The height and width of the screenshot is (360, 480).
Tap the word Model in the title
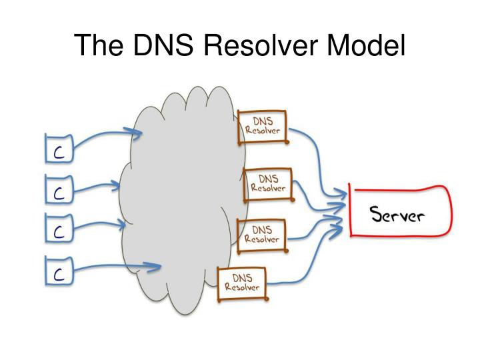(369, 45)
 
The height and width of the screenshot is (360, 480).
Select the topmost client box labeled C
(58, 149)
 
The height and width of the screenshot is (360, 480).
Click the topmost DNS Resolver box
(262, 125)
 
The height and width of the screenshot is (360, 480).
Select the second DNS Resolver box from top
(268, 183)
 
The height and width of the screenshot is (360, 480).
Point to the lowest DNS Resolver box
(241, 283)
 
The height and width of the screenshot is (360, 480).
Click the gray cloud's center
(180, 200)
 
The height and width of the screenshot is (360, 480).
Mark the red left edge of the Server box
(350, 212)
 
